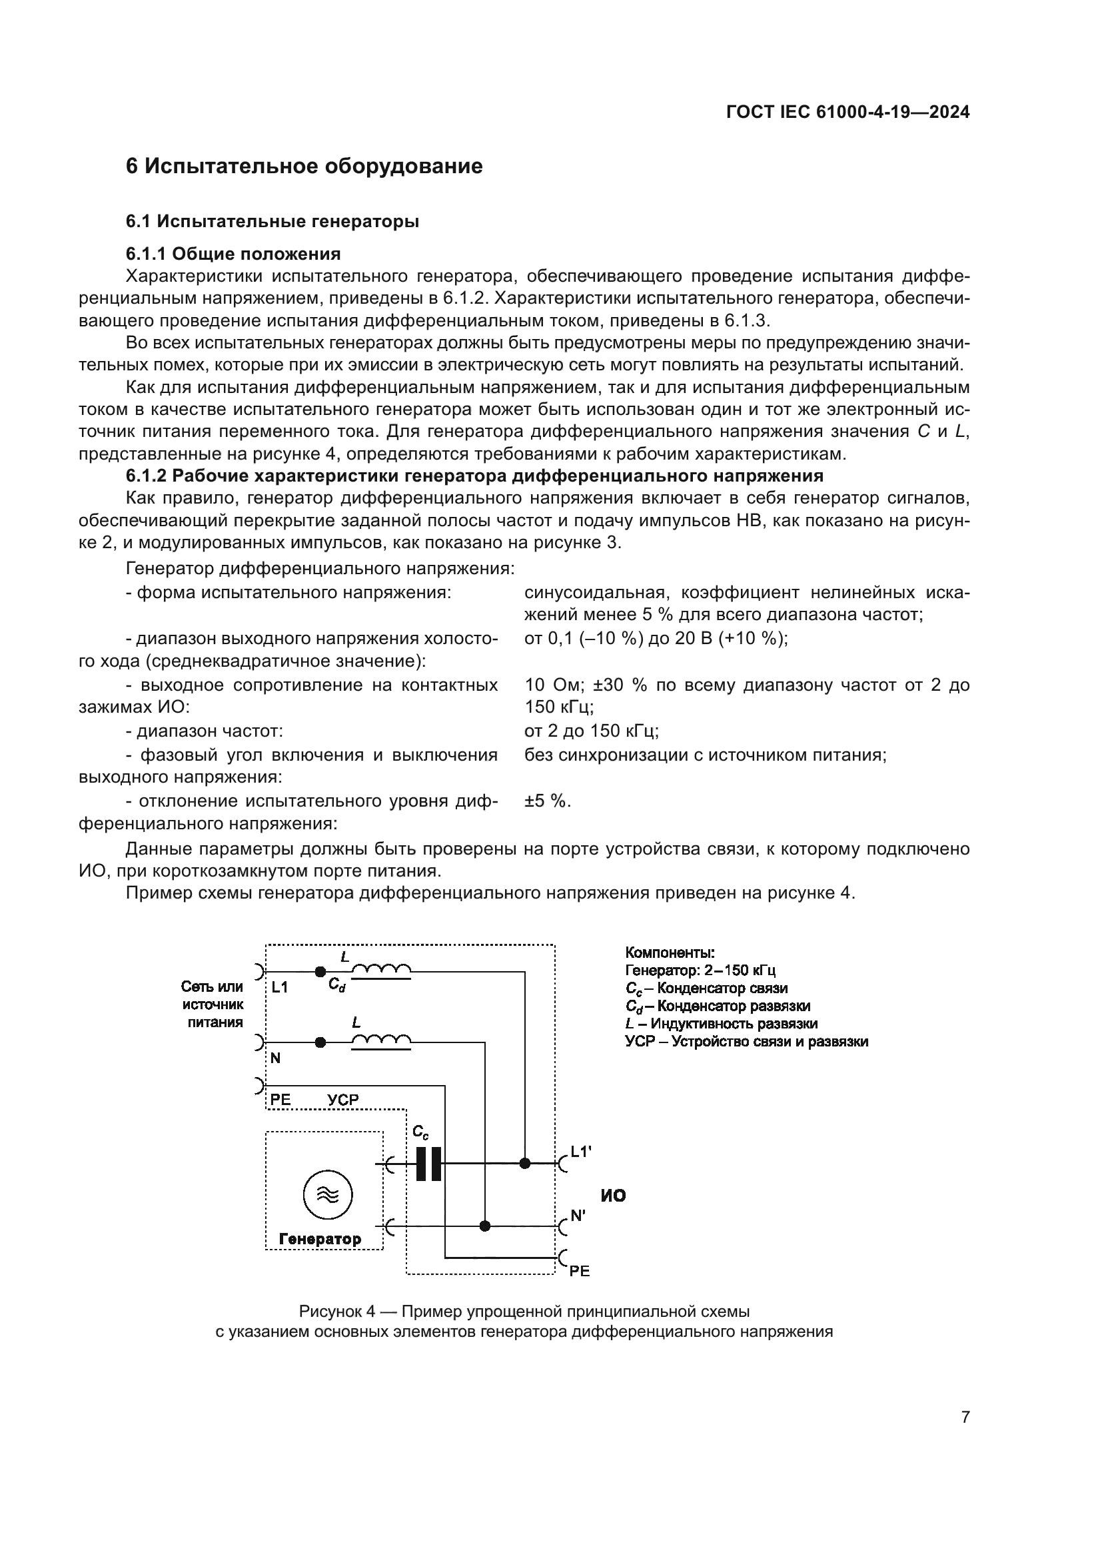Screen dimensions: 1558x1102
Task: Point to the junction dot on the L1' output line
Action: click(524, 1163)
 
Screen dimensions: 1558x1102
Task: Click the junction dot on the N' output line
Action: click(484, 1226)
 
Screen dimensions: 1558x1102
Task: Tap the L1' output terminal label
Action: click(581, 1152)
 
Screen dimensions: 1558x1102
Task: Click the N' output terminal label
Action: click(578, 1216)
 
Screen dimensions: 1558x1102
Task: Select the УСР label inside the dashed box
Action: click(342, 1100)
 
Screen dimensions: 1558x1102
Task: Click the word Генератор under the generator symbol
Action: click(320, 1239)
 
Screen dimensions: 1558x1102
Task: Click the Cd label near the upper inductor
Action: click(337, 984)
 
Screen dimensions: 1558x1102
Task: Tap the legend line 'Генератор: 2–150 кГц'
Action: click(700, 971)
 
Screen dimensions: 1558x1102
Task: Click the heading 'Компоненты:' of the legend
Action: click(669, 953)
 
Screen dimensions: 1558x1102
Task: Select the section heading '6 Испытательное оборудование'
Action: click(304, 167)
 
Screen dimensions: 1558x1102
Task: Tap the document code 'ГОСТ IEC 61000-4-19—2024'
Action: click(847, 113)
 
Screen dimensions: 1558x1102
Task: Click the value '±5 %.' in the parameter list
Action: click(548, 801)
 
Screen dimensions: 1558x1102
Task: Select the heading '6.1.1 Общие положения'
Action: click(233, 254)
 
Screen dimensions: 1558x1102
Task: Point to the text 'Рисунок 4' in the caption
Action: click(337, 1312)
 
